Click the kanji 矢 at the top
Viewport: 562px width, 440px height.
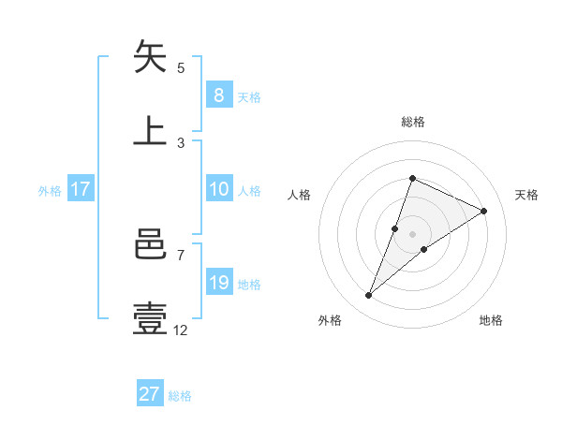pyautogui.click(x=151, y=57)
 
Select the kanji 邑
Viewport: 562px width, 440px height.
pyautogui.click(x=151, y=245)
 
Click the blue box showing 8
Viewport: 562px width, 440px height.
pyautogui.click(x=218, y=95)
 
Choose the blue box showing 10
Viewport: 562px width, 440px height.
pyautogui.click(x=218, y=189)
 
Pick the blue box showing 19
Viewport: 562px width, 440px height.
pyautogui.click(x=218, y=283)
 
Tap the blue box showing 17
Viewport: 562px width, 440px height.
pyautogui.click(x=81, y=189)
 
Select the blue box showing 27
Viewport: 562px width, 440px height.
pyautogui.click(x=150, y=394)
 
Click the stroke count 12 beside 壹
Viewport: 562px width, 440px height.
pyautogui.click(x=181, y=330)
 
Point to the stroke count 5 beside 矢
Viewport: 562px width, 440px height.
pyautogui.click(x=181, y=67)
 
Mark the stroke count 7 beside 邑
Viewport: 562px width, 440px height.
pyautogui.click(x=181, y=255)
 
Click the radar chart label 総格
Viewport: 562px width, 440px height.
pyautogui.click(x=412, y=122)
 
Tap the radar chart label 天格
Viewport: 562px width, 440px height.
pyautogui.click(x=527, y=195)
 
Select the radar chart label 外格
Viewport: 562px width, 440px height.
pyautogui.click(x=330, y=320)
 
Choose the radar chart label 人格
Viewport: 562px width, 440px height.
pyautogui.click(x=299, y=195)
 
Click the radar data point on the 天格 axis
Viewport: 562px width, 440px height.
pyautogui.click(x=484, y=211)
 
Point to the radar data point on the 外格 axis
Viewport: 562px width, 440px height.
pyautogui.click(x=369, y=296)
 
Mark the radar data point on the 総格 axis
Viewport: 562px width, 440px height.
pyautogui.click(x=412, y=178)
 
